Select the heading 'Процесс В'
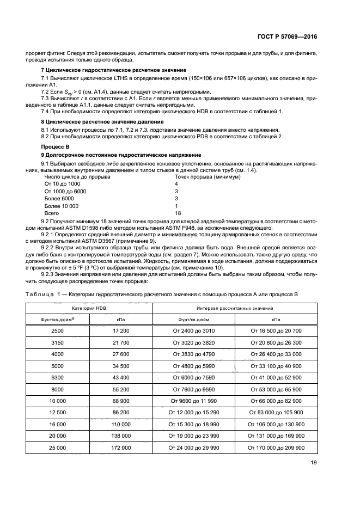click(56, 148)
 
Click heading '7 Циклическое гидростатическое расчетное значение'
click(114, 71)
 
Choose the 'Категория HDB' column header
click(89, 308)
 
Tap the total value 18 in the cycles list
click(178, 213)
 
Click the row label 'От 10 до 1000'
click(61, 184)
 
